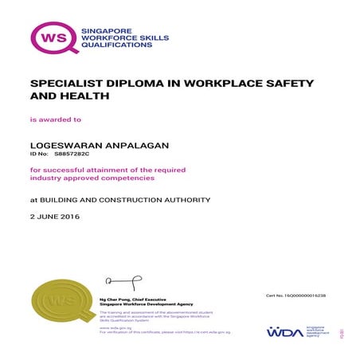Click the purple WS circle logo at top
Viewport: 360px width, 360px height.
coord(53,37)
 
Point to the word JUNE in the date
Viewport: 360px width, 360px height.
coord(47,217)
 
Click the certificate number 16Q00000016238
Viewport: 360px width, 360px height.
coord(306,295)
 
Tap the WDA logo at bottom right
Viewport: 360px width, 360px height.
coord(284,331)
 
